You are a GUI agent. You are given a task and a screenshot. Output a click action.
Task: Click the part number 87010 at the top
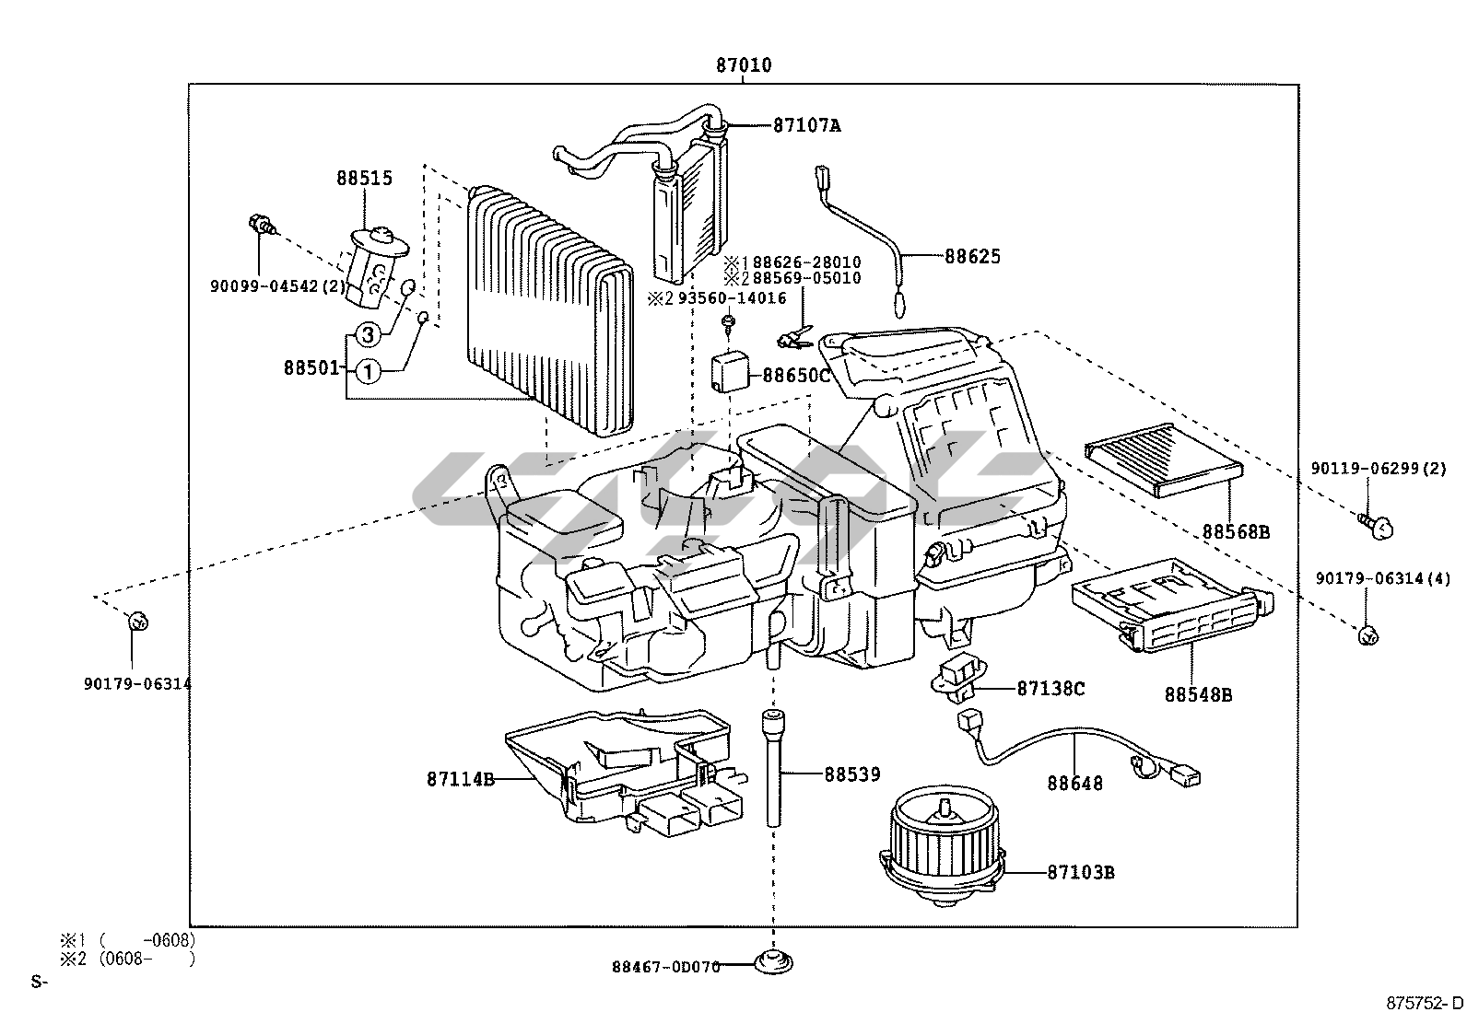(x=744, y=65)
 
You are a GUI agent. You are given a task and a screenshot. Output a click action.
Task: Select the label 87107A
(x=806, y=126)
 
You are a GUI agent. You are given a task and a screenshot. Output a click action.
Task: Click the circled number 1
(x=367, y=372)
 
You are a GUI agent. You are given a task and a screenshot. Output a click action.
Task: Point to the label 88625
(x=972, y=257)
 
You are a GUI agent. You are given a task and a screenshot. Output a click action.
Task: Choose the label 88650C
(x=796, y=376)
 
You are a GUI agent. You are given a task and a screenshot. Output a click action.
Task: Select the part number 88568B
(x=1235, y=532)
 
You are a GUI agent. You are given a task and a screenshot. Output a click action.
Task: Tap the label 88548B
(x=1198, y=695)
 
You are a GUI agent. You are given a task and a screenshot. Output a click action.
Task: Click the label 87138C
(x=1050, y=688)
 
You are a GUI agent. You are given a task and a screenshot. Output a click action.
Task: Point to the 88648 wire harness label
(x=1074, y=784)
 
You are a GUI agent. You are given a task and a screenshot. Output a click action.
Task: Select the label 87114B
(x=461, y=779)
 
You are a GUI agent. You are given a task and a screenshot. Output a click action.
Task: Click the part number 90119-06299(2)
(x=1378, y=469)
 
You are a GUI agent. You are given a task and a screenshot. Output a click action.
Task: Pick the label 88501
(x=311, y=367)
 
